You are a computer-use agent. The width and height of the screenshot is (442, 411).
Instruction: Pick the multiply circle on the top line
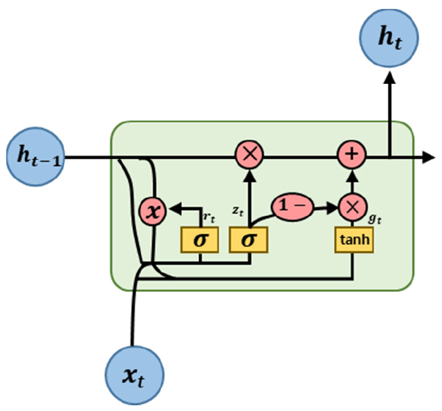click(249, 155)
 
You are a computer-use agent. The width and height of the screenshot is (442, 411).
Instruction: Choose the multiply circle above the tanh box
click(352, 206)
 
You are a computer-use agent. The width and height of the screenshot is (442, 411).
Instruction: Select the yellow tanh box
click(352, 239)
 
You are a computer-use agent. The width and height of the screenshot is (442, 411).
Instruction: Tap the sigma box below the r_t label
click(200, 239)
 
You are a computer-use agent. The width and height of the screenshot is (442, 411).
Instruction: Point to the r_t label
click(207, 216)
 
